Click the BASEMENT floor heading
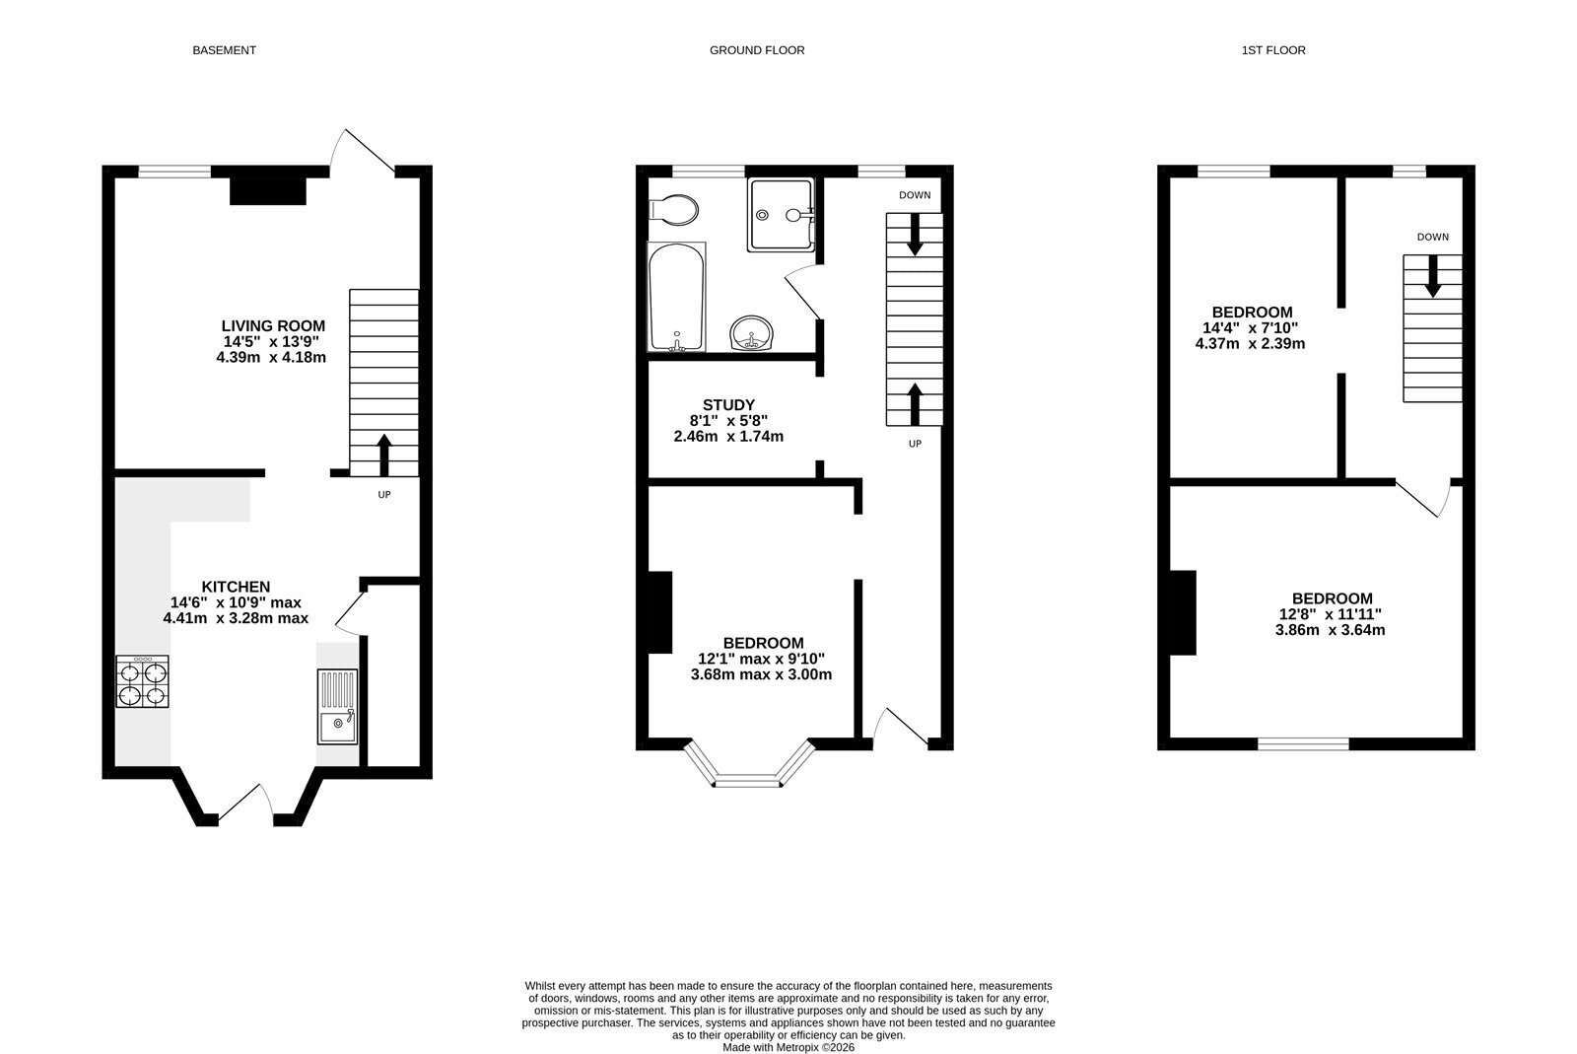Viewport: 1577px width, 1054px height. point(224,50)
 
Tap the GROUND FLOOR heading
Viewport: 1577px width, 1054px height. point(757,50)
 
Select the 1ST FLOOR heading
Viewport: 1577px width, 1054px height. point(1273,50)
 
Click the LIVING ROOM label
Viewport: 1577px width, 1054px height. point(273,326)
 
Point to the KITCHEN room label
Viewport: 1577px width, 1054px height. point(236,587)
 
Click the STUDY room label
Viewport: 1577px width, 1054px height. point(728,405)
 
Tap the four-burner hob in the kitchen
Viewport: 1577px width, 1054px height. point(142,681)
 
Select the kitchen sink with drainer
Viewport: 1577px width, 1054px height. point(337,706)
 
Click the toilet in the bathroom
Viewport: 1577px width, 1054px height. point(673,210)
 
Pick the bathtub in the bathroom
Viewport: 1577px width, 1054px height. point(676,297)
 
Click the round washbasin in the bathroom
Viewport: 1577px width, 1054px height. point(751,333)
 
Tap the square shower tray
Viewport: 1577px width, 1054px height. point(781,214)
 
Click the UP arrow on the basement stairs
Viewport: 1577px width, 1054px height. point(383,455)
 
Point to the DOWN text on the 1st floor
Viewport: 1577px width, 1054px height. point(1433,237)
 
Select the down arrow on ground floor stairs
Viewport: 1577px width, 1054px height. point(915,234)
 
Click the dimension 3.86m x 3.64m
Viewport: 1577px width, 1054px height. point(1330,630)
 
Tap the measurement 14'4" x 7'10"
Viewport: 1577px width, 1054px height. point(1251,328)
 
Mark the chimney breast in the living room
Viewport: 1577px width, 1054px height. point(268,191)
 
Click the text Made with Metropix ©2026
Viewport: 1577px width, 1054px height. point(788,1047)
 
